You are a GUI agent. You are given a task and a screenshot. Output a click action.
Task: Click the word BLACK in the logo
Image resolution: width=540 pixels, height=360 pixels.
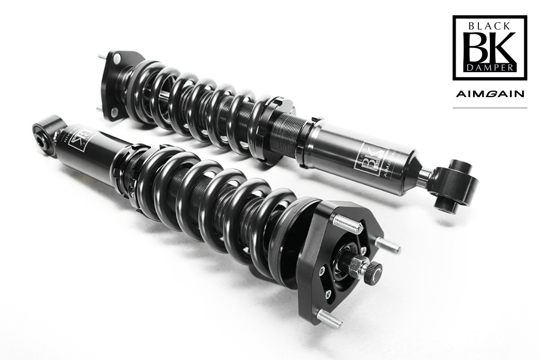[490, 25]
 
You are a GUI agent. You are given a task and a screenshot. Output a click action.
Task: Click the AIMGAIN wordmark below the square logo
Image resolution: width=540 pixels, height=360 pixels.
[490, 94]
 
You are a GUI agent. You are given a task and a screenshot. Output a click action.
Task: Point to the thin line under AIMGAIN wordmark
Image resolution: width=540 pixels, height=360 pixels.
[490, 108]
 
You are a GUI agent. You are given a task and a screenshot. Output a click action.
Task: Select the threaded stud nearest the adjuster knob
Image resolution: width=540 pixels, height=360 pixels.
[387, 244]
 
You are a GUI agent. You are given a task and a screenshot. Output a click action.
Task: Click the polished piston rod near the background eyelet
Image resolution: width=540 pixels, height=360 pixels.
[425, 174]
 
